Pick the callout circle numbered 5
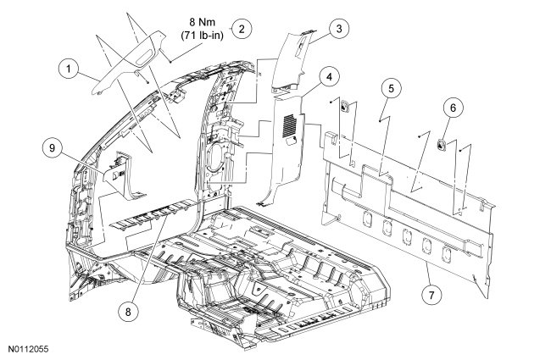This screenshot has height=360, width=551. pyautogui.click(x=391, y=86)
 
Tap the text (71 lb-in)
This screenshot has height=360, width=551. pyautogui.click(x=200, y=36)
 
